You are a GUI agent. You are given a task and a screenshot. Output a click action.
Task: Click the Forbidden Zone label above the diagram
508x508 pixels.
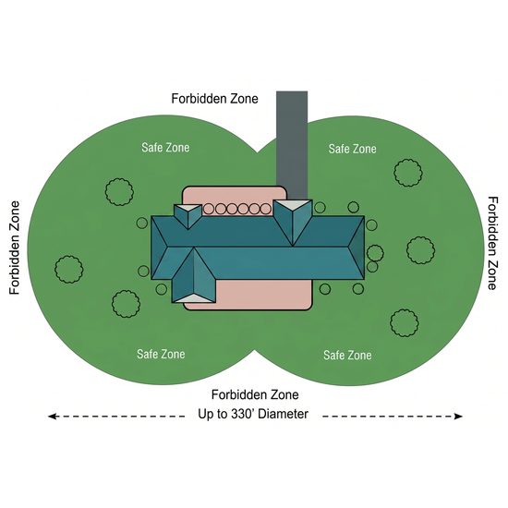tap(214, 99)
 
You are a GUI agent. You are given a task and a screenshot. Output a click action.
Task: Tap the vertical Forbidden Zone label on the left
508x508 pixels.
tap(15, 248)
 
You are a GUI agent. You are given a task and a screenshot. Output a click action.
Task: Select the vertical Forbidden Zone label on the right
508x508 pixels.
tap(492, 243)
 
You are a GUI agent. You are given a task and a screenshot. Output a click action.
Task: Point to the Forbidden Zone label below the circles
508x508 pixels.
tap(255, 394)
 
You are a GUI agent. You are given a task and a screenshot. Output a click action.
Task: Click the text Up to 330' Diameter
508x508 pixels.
tap(253, 414)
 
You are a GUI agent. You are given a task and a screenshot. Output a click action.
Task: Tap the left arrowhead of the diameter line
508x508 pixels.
tap(52, 417)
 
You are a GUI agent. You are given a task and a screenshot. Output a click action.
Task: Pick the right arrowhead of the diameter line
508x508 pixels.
tap(458, 417)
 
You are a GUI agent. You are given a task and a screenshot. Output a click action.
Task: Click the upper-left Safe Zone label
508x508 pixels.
tap(165, 148)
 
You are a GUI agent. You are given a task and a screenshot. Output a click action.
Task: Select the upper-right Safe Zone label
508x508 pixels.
tap(353, 149)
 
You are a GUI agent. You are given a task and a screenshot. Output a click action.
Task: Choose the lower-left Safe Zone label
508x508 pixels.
tap(161, 354)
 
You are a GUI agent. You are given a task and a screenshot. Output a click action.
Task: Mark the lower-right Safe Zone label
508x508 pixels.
tap(347, 356)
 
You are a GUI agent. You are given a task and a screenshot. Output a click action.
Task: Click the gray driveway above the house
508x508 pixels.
tap(292, 145)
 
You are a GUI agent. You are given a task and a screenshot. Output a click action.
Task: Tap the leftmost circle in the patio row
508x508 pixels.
tap(209, 210)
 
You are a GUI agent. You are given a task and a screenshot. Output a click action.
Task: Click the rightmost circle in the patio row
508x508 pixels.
tap(265, 210)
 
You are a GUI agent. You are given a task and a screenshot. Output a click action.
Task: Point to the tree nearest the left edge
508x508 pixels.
tap(69, 269)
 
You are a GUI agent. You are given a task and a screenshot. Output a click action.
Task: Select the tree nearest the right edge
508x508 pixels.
tap(421, 250)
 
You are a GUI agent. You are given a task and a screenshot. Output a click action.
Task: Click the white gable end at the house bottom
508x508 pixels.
tap(194, 299)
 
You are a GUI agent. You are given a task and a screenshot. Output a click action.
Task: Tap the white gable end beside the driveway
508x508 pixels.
tap(293, 204)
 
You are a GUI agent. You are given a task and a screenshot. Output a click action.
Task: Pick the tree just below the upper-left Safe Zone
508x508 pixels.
tap(119, 192)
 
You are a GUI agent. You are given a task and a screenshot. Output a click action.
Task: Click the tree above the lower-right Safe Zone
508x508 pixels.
tap(405, 322)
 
